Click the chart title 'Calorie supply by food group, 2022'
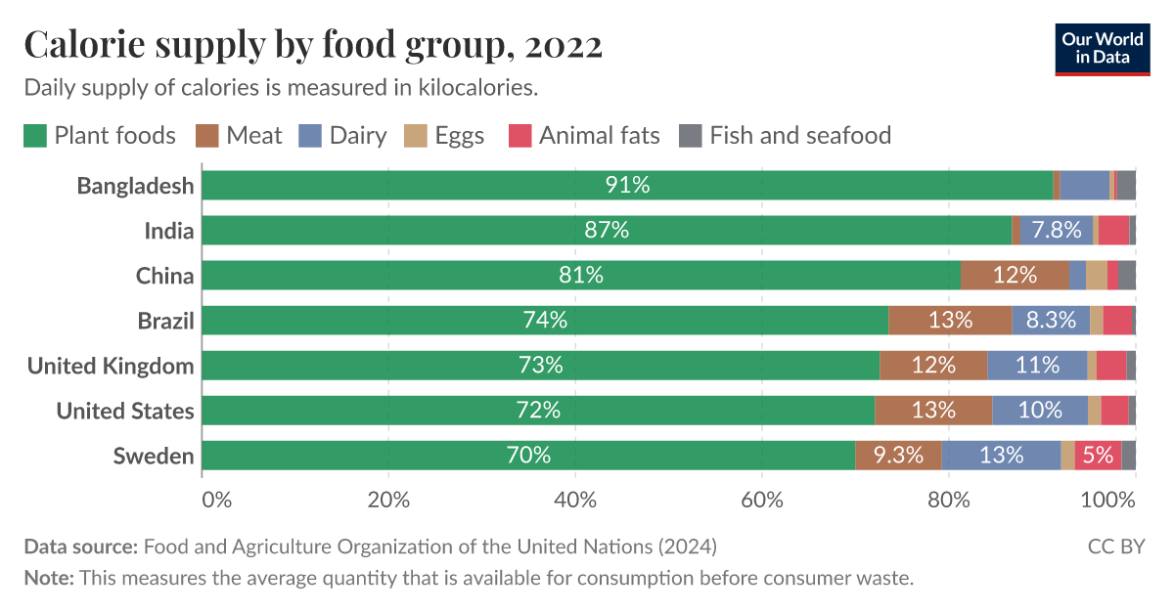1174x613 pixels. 312,45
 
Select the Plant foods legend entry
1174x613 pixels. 100,135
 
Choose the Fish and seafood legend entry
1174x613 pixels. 786,135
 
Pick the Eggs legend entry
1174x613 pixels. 446,135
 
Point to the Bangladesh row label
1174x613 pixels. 135,186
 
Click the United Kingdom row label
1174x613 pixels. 111,366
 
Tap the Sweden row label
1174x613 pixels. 153,456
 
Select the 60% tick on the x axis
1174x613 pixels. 762,500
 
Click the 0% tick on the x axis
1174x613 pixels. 216,500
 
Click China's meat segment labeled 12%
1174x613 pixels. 1015,276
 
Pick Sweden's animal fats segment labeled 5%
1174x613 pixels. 1098,456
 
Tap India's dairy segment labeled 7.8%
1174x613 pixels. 1057,231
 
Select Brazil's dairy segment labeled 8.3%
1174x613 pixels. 1051,321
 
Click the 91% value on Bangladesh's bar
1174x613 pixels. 627,186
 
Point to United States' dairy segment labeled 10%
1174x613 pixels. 1040,411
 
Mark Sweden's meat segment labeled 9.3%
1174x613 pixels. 898,456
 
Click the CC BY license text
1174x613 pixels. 1115,546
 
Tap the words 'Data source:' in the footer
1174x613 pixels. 80,546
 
